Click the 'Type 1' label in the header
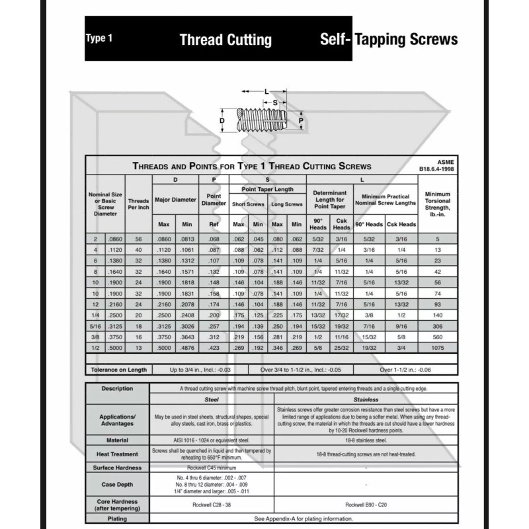click(99, 38)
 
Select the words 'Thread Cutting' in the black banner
click(225, 40)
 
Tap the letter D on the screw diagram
click(223, 122)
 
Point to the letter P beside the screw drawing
click(301, 121)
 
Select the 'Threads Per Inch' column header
click(138, 204)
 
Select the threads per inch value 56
click(138, 239)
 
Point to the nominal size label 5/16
click(96, 326)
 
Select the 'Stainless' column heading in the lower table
click(365, 400)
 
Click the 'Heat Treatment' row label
click(118, 454)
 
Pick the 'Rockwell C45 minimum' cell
click(212, 468)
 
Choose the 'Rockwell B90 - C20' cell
click(365, 505)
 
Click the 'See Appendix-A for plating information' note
click(303, 519)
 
